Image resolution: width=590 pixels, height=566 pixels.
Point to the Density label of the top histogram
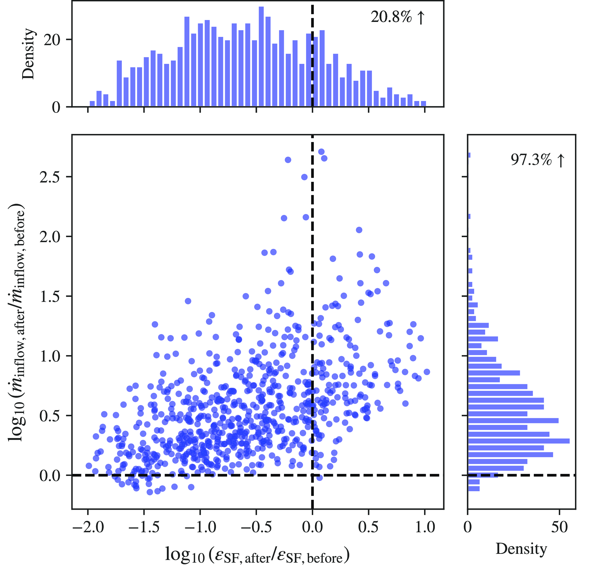tap(29, 54)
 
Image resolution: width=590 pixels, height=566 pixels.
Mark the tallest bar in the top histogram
tap(261, 56)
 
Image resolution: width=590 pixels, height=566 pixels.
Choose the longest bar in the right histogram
tap(519, 441)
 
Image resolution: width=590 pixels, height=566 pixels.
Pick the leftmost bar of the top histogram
tap(92, 104)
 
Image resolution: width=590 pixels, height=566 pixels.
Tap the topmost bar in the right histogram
tap(469, 155)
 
